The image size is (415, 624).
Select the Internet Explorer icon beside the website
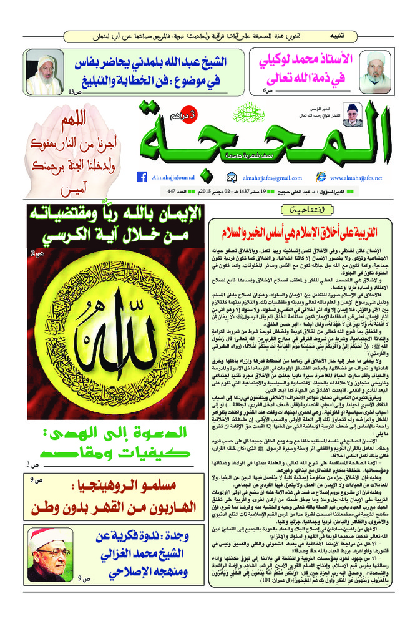point(321,177)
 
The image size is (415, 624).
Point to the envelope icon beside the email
point(232,177)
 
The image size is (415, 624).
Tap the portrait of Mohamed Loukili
point(376,70)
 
